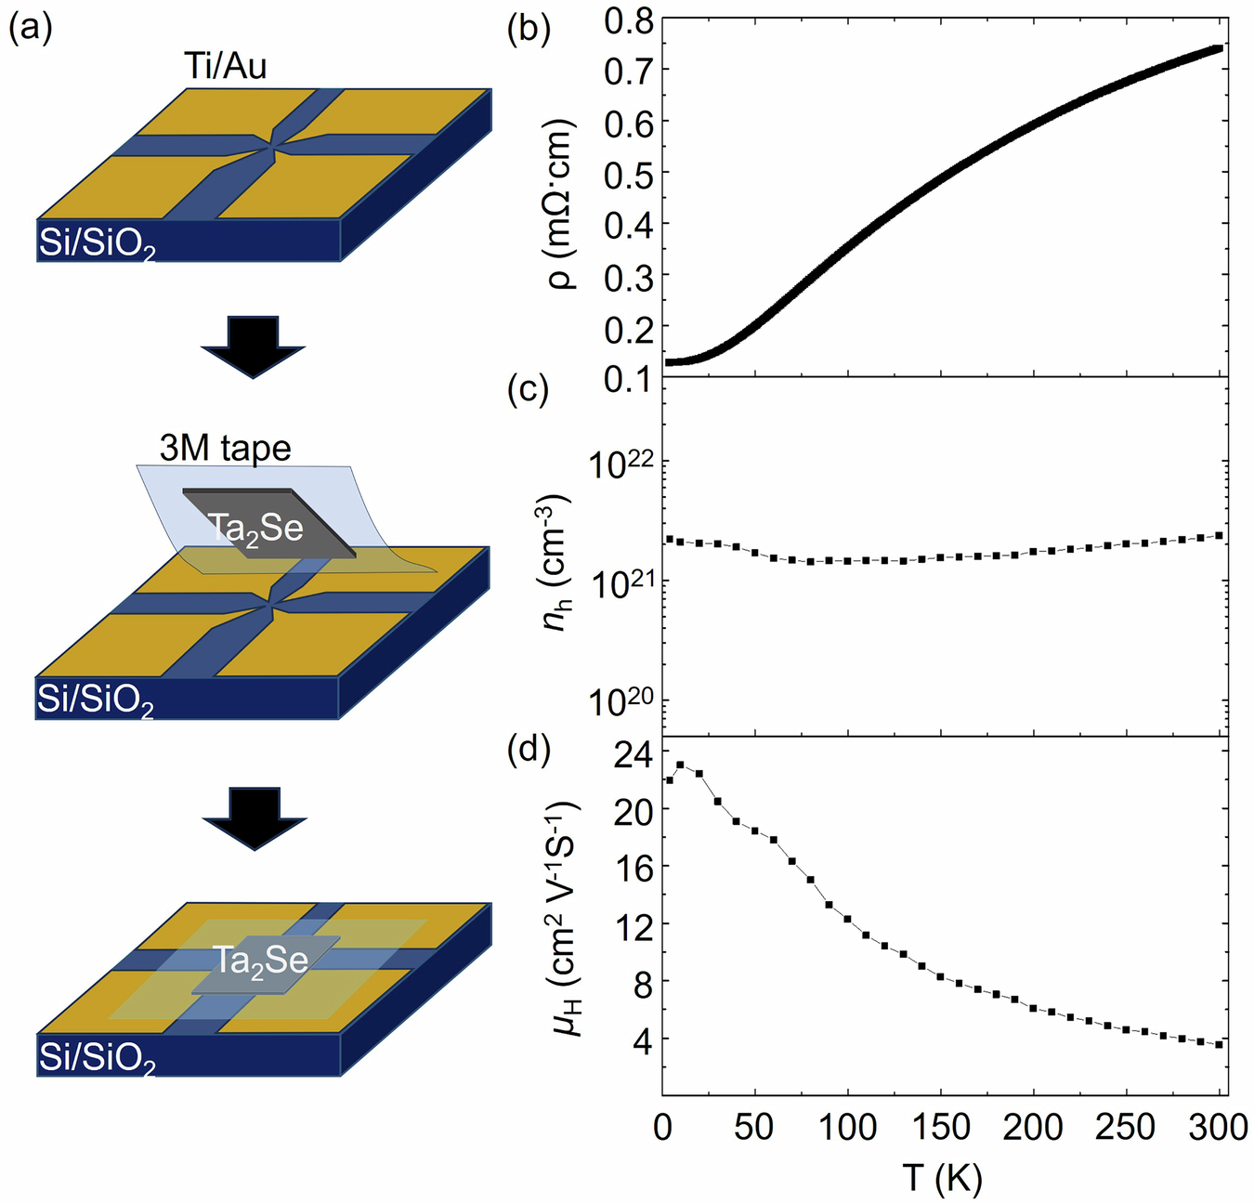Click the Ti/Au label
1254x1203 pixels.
(225, 66)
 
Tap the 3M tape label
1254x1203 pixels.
(225, 449)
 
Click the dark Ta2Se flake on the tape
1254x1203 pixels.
(268, 522)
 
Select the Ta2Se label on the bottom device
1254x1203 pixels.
(260, 961)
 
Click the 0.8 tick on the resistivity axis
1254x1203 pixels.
(629, 20)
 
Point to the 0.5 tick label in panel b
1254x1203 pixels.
(629, 174)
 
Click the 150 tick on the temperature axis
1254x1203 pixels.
(940, 1128)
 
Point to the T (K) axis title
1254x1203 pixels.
(942, 1178)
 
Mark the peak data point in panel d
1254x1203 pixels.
(680, 765)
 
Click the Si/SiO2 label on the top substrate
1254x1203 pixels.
(96, 243)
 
